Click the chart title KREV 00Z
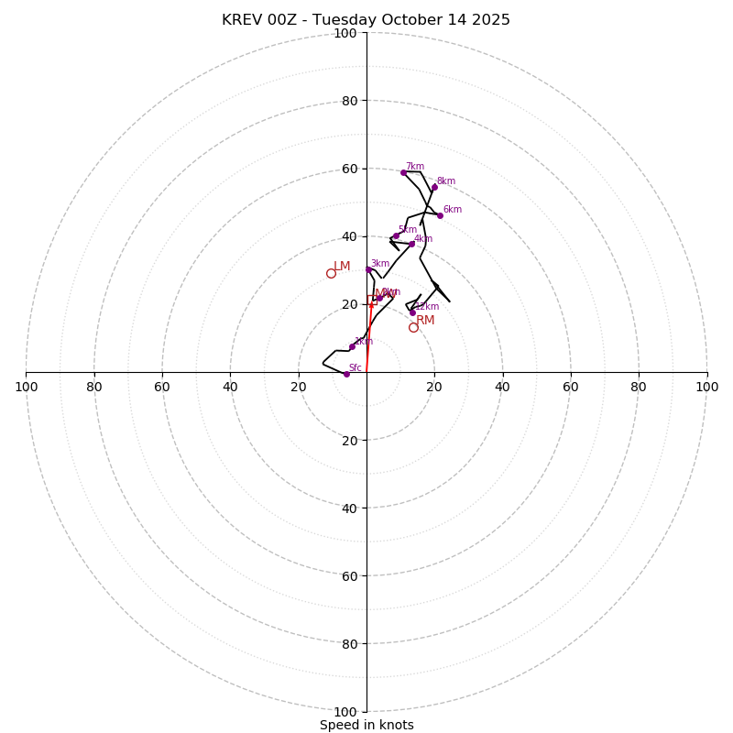pyautogui.click(x=366, y=20)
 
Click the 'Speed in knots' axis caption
pyautogui.click(x=366, y=725)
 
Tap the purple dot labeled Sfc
pyautogui.click(x=346, y=374)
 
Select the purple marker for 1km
pyautogui.click(x=352, y=346)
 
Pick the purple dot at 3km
pyautogui.click(x=368, y=269)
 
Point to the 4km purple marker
pyautogui.click(x=411, y=244)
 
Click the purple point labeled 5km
pyautogui.click(x=396, y=235)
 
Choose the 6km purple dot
pyautogui.click(x=440, y=215)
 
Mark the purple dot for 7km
pyautogui.click(x=403, y=172)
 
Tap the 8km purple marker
pyautogui.click(x=434, y=187)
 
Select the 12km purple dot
pyautogui.click(x=412, y=312)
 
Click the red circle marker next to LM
pyautogui.click(x=331, y=273)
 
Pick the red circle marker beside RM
pyautogui.click(x=413, y=327)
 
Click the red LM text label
pyautogui.click(x=342, y=267)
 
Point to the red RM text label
pyautogui.click(x=425, y=320)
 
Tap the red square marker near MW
pyautogui.click(x=372, y=301)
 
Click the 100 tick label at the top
pyautogui.click(x=345, y=34)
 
